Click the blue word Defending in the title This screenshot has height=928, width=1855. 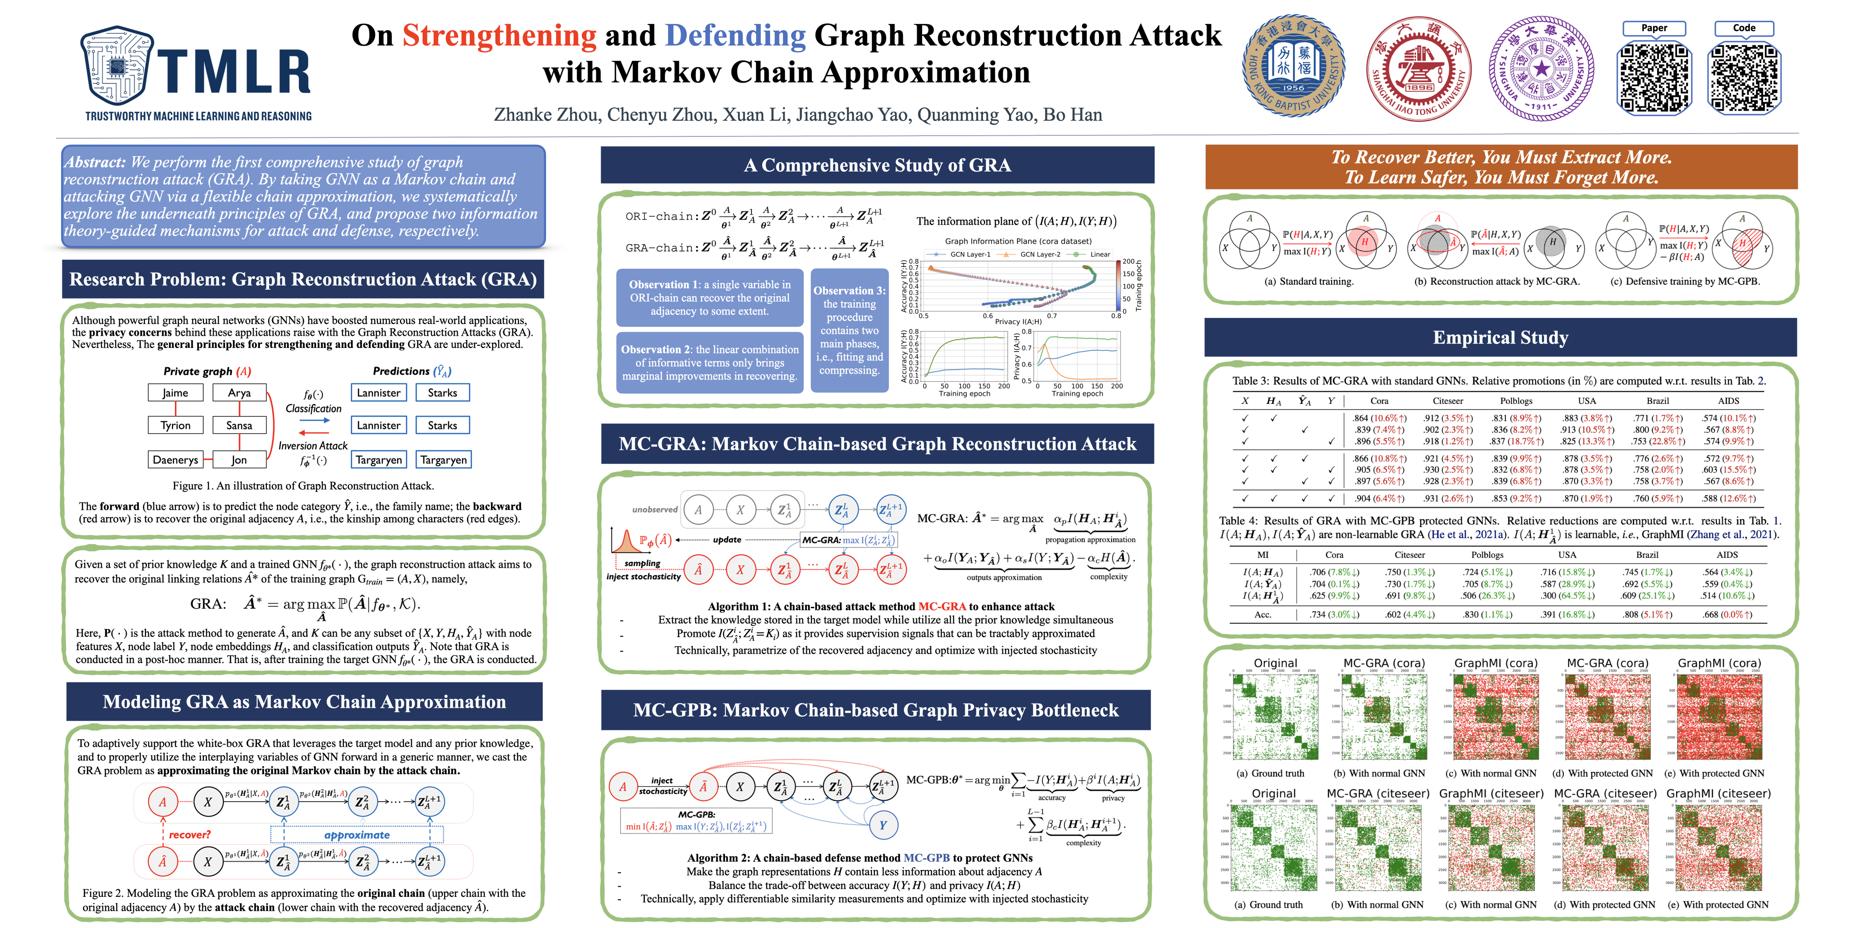tap(734, 35)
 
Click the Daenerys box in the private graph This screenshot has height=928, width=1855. tap(175, 460)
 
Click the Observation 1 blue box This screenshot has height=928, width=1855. tap(709, 298)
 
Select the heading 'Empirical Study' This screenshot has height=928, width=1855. tap(1500, 337)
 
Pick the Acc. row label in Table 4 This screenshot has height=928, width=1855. tap(1262, 614)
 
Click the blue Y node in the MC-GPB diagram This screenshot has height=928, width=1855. tap(883, 825)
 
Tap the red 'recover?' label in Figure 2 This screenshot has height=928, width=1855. tap(189, 834)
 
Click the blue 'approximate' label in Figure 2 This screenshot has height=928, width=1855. tap(357, 834)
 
